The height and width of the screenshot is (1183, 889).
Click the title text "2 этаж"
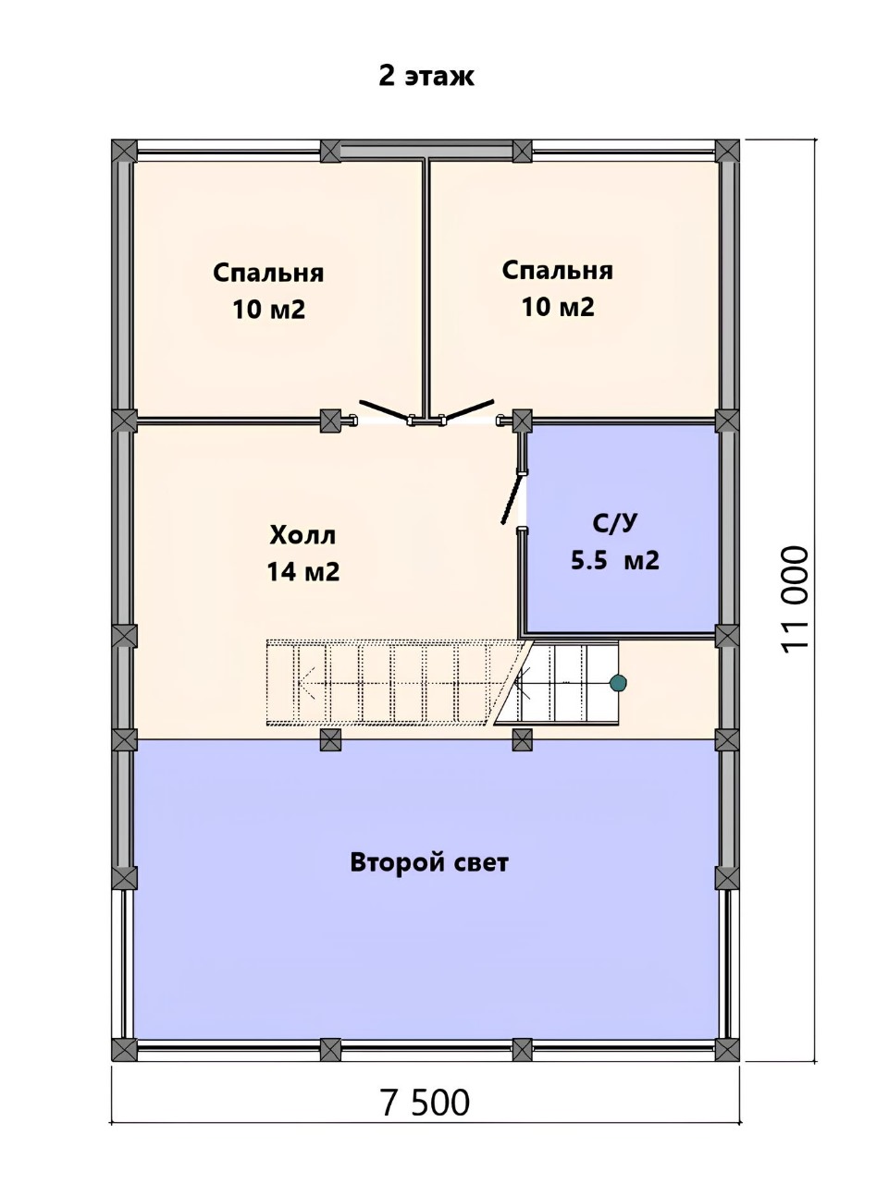(x=426, y=76)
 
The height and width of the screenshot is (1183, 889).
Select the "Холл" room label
(x=303, y=536)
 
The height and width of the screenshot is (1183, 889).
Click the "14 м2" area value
(x=303, y=572)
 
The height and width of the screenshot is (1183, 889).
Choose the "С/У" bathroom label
(x=615, y=523)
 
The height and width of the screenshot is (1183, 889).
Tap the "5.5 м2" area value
(x=615, y=560)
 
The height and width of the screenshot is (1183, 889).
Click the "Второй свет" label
(x=429, y=862)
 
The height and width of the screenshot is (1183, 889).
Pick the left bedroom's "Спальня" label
(x=268, y=274)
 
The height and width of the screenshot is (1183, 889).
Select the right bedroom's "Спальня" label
(x=557, y=271)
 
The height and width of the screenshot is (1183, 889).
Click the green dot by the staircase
(x=618, y=683)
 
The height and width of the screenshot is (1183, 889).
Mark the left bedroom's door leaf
(x=385, y=409)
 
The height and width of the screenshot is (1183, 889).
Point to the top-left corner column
(x=124, y=151)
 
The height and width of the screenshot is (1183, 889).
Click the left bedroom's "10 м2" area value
(x=268, y=310)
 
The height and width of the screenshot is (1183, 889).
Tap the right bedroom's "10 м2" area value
(x=558, y=307)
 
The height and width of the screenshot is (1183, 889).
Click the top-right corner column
(x=728, y=151)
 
